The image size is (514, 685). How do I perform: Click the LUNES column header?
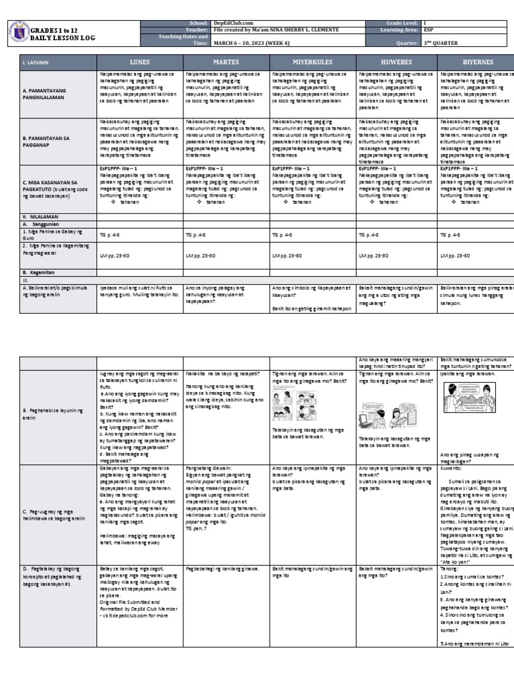coord(139,62)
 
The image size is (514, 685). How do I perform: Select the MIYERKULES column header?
coord(311,62)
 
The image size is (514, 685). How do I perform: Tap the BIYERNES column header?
coord(475,62)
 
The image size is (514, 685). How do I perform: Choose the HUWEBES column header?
coord(396,62)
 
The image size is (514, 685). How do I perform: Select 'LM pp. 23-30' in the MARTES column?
coord(200,256)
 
